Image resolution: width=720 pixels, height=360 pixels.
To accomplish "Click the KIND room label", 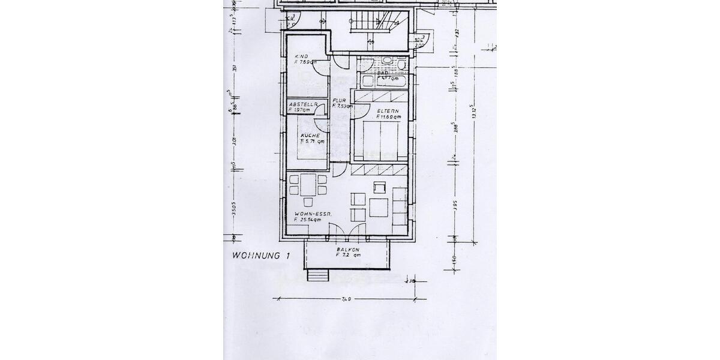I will click(301, 56).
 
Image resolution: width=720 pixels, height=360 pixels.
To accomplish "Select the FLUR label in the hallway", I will click(339, 100).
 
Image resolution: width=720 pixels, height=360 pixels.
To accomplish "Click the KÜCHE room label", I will click(310, 136).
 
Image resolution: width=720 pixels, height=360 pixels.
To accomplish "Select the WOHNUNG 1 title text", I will click(260, 256).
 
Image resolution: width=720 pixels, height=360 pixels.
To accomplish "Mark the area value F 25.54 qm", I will click(308, 220).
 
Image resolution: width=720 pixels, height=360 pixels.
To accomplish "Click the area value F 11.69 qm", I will click(388, 117).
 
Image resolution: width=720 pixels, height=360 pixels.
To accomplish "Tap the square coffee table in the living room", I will click(379, 207).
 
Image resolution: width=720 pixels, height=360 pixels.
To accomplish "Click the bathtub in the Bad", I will click(385, 80).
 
